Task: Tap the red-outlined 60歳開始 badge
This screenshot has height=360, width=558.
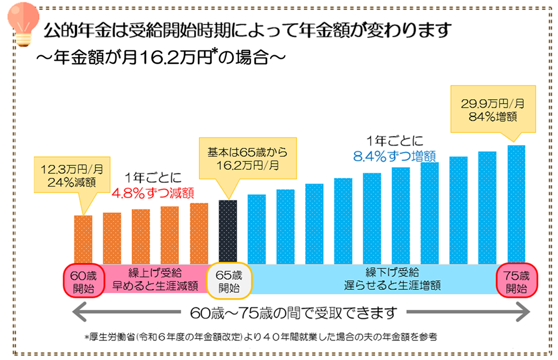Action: coord(83,281)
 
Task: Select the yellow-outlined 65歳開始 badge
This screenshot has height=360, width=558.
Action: coord(228,281)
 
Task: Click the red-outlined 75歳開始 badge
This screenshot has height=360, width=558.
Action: coord(516,281)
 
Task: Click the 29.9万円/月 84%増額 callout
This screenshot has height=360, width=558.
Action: coord(492,110)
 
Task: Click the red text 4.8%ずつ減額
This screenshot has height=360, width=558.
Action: coord(153,192)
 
